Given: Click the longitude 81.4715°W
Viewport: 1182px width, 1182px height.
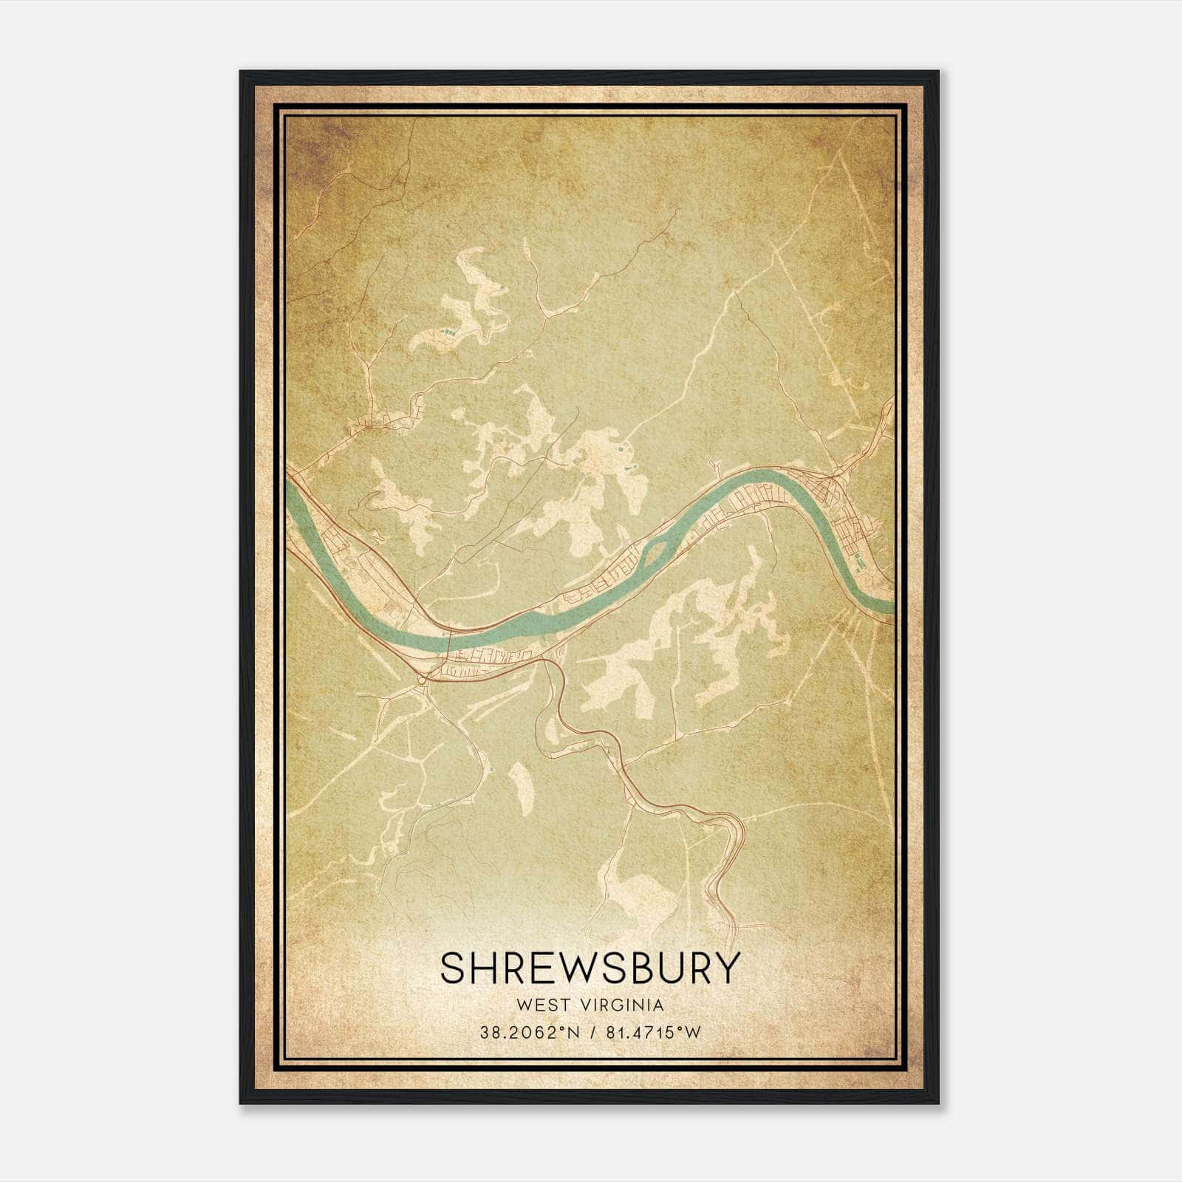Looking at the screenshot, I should [x=652, y=1032].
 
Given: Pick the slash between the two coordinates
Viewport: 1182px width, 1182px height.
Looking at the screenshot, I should [x=591, y=1032].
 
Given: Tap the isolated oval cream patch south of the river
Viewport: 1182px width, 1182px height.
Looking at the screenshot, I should [x=521, y=788].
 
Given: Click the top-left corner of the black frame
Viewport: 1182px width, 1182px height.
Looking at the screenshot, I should [x=241, y=72].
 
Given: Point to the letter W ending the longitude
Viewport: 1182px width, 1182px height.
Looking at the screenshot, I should [x=692, y=1032].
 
